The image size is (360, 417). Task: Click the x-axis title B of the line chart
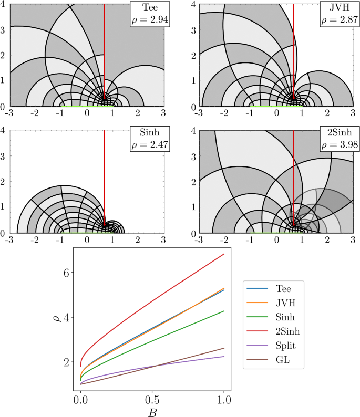point(152,411)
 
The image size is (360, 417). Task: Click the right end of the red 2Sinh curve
point(224,254)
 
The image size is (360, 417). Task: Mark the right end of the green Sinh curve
point(224,311)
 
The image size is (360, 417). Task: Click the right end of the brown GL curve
point(224,348)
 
